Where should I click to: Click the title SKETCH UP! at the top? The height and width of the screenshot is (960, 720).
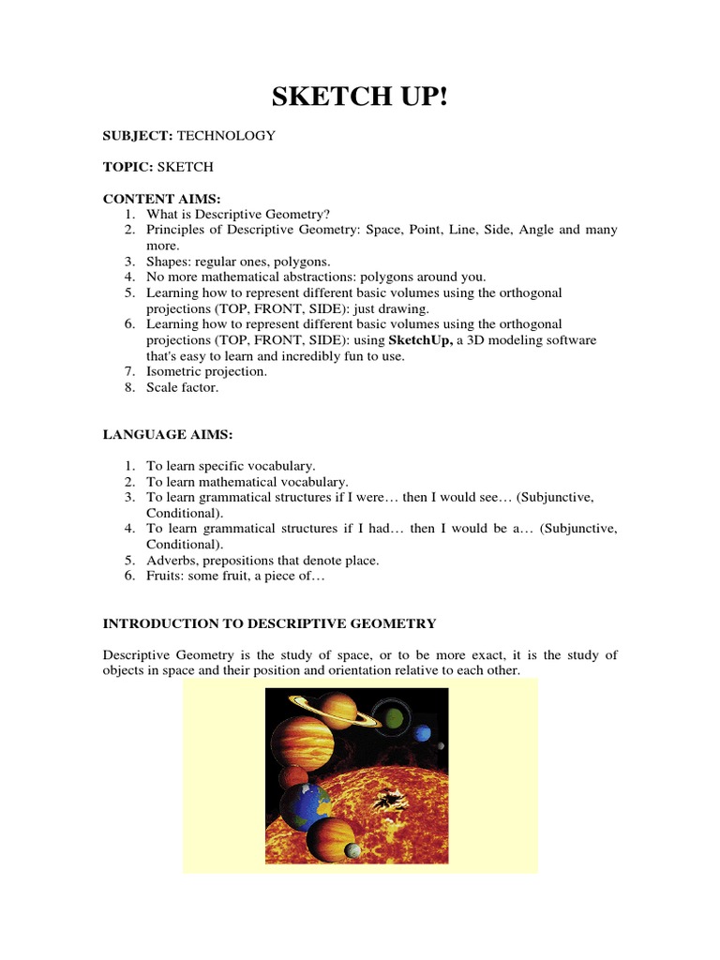(360, 96)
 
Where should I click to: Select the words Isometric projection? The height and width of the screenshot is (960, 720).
(206, 371)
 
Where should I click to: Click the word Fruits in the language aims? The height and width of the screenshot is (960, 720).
(165, 577)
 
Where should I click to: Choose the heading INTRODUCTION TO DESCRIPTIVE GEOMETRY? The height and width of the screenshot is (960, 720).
(269, 623)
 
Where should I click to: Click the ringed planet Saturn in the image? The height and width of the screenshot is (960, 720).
(337, 710)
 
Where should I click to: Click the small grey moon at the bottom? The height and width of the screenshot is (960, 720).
(353, 850)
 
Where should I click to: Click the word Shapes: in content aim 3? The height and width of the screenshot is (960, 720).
(166, 262)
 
